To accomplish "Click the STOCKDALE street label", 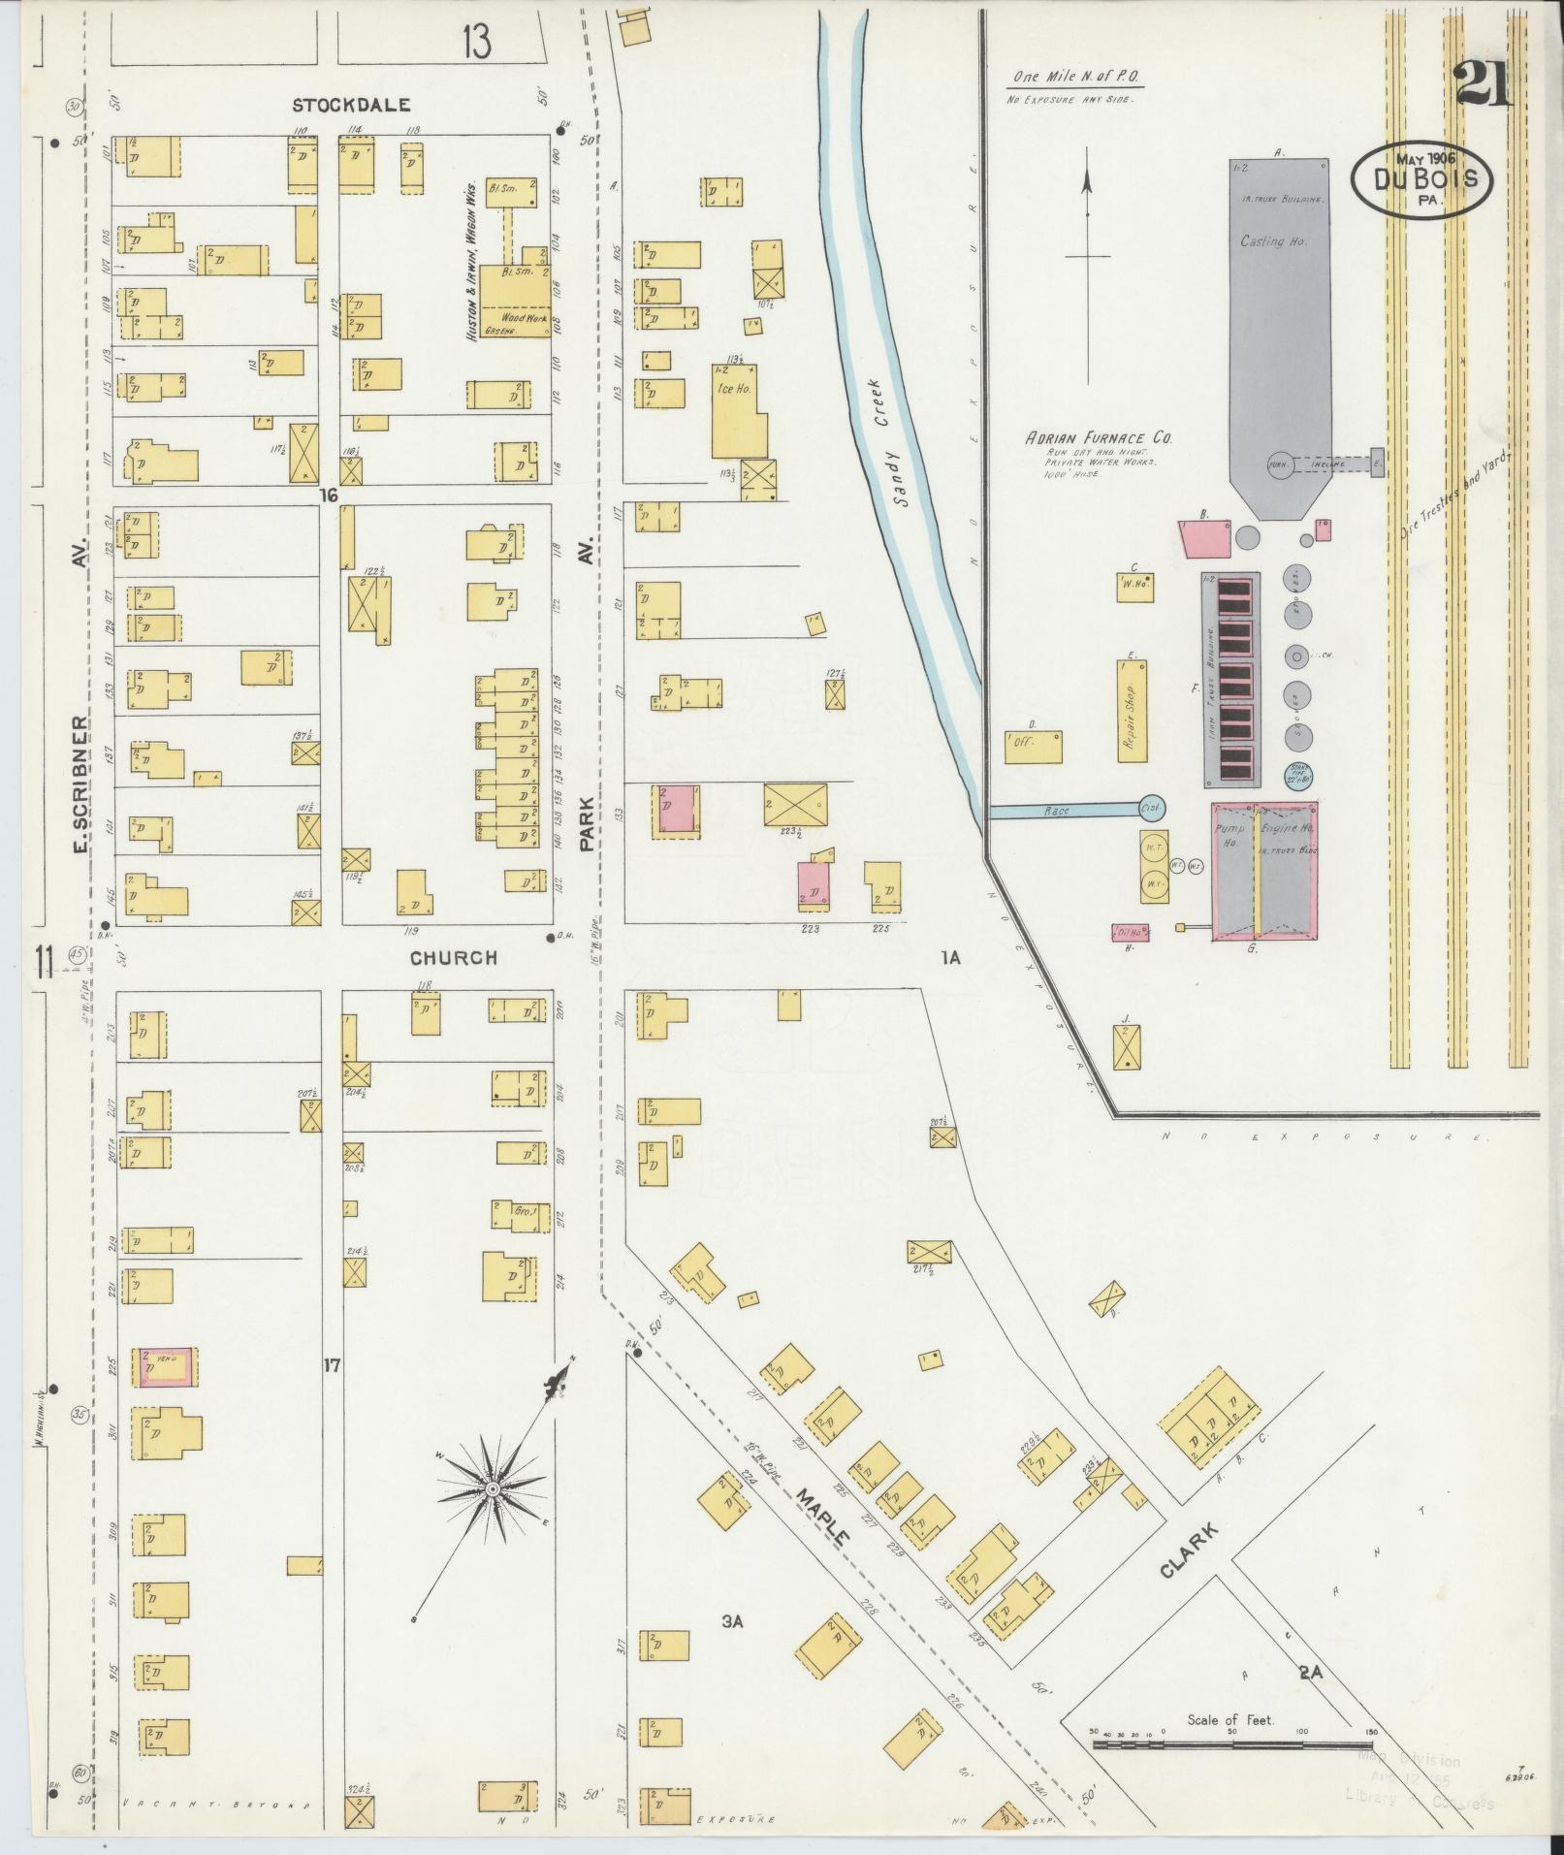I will (340, 105).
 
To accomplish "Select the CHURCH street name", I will (453, 958).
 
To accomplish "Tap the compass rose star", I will (493, 1488).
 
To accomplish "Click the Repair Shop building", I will (1131, 710).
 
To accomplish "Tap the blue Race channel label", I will (1058, 810).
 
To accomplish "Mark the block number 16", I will (330, 496).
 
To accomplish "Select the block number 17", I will (332, 1366).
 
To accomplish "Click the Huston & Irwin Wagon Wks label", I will (471, 259).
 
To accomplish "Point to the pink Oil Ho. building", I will (1130, 933).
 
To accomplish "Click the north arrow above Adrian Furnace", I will (1087, 262).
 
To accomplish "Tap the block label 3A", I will (732, 1619).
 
